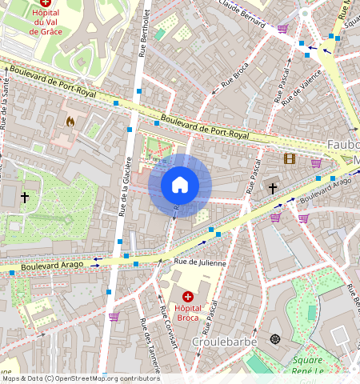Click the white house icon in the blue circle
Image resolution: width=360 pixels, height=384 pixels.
point(180,186)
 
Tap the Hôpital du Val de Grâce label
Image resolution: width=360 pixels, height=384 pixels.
point(46,22)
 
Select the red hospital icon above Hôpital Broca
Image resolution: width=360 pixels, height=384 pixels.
point(187,297)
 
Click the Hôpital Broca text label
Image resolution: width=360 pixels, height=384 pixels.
point(187,314)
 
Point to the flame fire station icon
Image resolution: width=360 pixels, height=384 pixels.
point(70,122)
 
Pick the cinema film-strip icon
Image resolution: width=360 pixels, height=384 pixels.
point(289,158)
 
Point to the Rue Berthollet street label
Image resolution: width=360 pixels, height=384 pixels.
point(144,32)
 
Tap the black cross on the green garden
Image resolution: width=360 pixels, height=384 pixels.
point(25,197)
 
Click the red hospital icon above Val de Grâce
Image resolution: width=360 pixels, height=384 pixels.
point(46,3)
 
